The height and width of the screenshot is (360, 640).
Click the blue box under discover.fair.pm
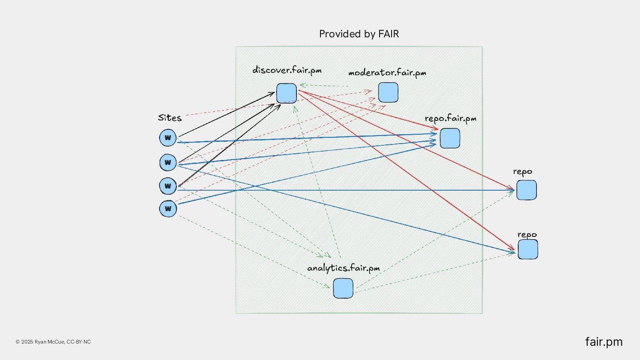286,93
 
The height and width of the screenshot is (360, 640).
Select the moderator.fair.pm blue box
388,92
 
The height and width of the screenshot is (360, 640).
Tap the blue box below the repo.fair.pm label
450,138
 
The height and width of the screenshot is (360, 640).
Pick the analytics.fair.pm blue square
343,288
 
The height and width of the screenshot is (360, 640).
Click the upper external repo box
526,190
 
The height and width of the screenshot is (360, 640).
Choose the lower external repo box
528,249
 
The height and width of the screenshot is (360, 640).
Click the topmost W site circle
168,138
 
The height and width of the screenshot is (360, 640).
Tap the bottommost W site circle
168,208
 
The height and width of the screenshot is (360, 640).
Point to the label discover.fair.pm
287,70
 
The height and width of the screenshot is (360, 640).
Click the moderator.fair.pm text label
387,72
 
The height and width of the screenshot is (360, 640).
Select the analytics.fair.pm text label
344,268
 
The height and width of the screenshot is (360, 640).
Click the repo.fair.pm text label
451,118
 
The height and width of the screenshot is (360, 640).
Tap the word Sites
170,118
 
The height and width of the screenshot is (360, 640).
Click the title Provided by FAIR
359,34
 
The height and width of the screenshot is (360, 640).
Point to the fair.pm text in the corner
604,342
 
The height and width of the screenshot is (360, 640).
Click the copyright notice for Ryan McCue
53,342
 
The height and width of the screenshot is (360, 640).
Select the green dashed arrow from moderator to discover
324,85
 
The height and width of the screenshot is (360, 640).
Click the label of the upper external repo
523,172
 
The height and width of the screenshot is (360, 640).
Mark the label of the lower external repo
527,234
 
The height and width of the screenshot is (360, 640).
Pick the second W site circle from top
168,162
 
